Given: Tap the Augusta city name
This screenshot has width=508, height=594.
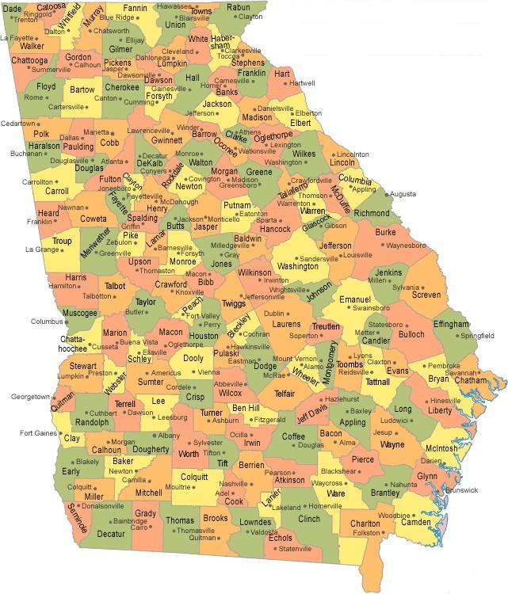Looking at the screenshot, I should coord(403,194).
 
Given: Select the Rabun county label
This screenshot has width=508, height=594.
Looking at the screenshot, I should coord(238,7).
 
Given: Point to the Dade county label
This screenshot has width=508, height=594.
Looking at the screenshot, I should coord(13,7).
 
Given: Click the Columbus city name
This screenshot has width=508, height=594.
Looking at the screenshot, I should coord(45,322).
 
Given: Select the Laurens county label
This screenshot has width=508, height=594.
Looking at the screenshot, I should coord(286,324).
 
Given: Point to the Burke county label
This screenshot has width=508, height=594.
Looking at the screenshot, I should coord(385,232).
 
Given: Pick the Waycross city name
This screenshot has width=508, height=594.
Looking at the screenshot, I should coord(326,482).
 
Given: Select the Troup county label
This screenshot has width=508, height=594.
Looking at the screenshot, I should coord(62,241).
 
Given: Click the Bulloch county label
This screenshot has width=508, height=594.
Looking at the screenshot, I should coord(411,334).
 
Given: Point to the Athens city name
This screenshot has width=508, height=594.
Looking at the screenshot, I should coord(250,132).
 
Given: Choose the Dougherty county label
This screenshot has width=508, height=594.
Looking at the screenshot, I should coord(151,449).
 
